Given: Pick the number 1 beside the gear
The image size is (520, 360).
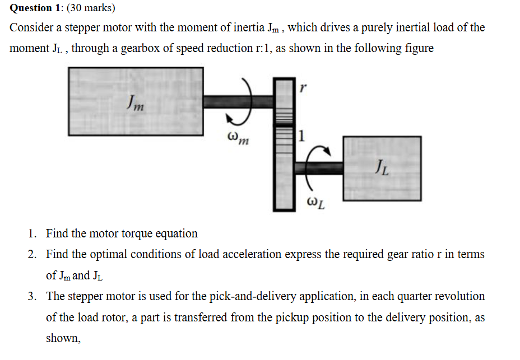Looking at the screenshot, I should [x=302, y=135].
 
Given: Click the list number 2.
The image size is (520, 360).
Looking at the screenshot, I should [x=33, y=254].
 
